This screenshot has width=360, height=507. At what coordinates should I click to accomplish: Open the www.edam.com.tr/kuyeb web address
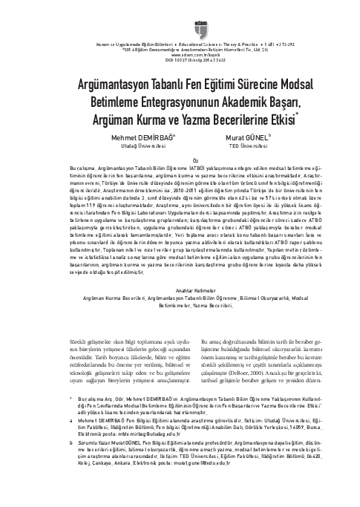(x=180, y=54)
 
